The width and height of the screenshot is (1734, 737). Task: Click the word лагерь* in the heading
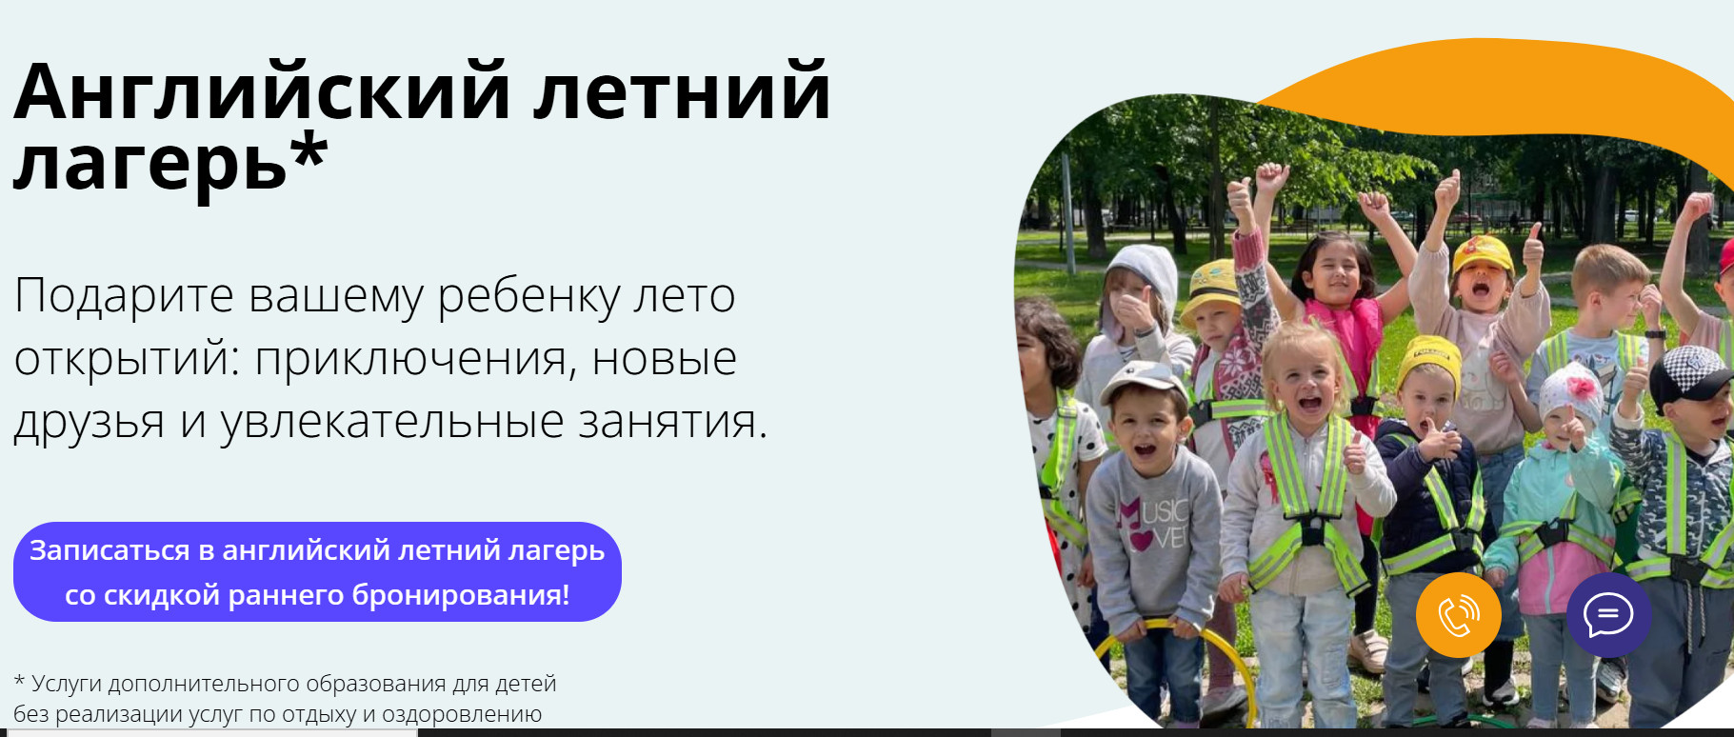click(x=170, y=162)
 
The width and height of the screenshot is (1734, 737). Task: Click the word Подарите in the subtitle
click(x=124, y=296)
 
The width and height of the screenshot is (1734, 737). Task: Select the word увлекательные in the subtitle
click(x=392, y=422)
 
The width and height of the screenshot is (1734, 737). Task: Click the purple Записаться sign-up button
click(x=317, y=572)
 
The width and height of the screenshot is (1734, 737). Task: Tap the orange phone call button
click(x=1458, y=615)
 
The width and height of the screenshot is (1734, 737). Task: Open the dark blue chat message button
click(x=1608, y=615)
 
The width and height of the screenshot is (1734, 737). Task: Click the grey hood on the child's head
click(x=1143, y=271)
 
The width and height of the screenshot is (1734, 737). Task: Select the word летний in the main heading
click(x=681, y=92)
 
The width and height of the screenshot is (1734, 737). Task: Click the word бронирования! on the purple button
click(x=461, y=596)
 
